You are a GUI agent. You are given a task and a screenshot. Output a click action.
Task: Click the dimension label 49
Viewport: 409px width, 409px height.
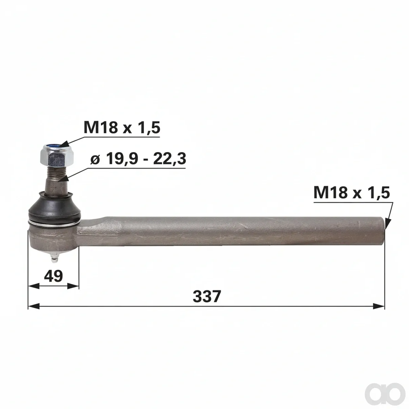[x=54, y=276]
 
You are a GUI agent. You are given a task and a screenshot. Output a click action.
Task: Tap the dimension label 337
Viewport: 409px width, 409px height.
[x=207, y=296]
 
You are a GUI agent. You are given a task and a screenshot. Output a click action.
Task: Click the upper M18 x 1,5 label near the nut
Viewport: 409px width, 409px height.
[x=122, y=128]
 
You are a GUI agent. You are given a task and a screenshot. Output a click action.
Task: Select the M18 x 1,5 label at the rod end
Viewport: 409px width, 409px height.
[x=352, y=193]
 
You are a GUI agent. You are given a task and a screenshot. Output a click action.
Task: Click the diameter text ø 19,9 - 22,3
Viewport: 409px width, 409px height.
[x=138, y=159]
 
